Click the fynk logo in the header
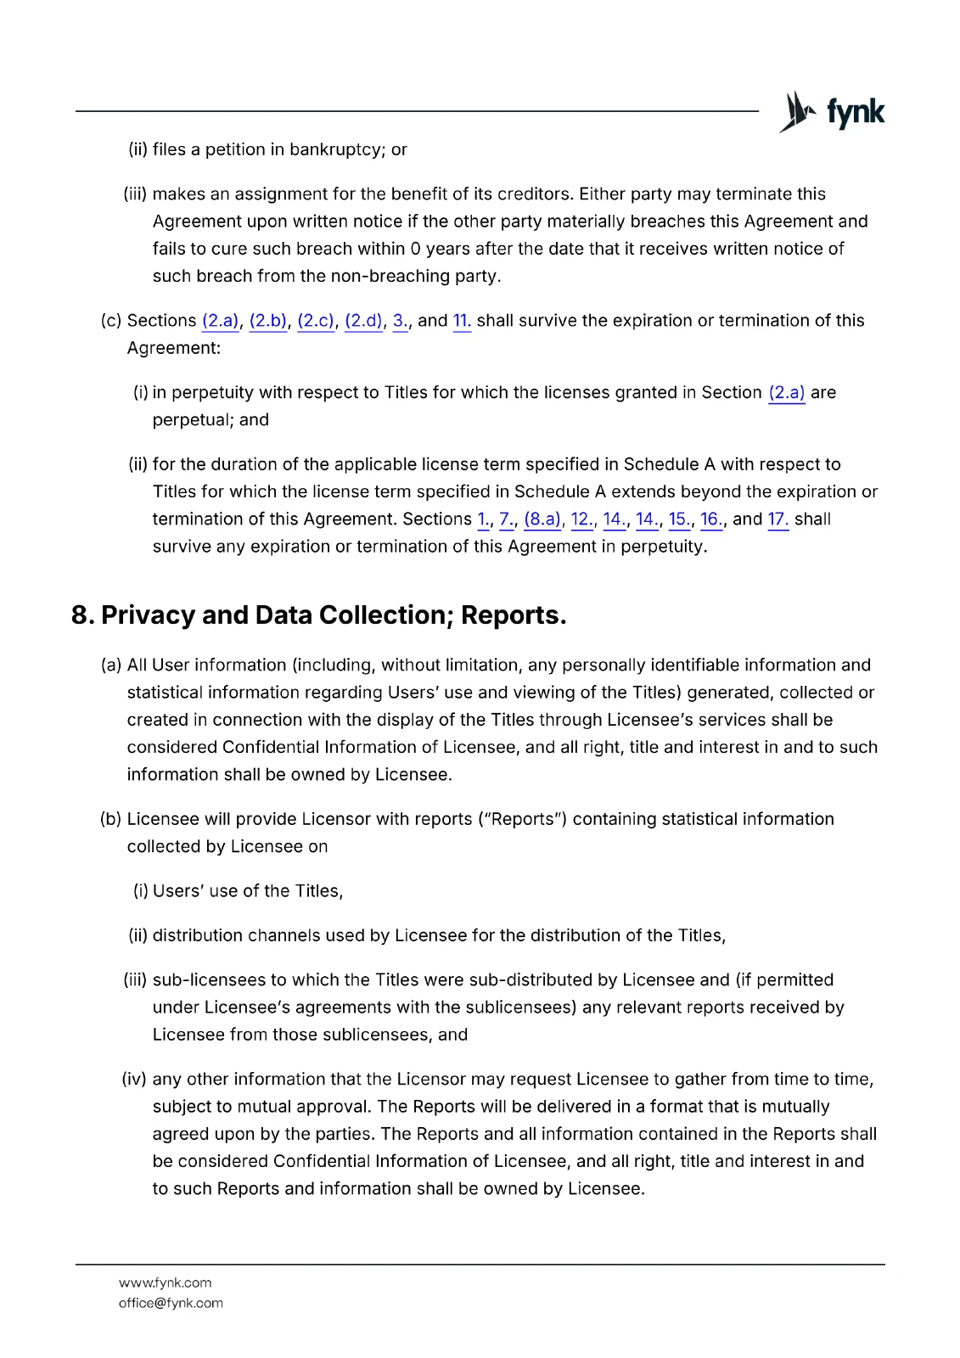click(x=832, y=112)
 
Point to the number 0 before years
click(x=415, y=249)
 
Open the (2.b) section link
click(x=268, y=321)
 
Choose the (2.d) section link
click(x=364, y=321)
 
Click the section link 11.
click(x=462, y=321)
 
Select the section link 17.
click(x=778, y=519)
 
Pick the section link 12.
click(x=581, y=519)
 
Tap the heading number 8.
click(x=81, y=615)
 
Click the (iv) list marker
click(x=134, y=1080)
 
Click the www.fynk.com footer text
click(x=166, y=1282)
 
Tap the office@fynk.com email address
click(x=171, y=1303)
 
